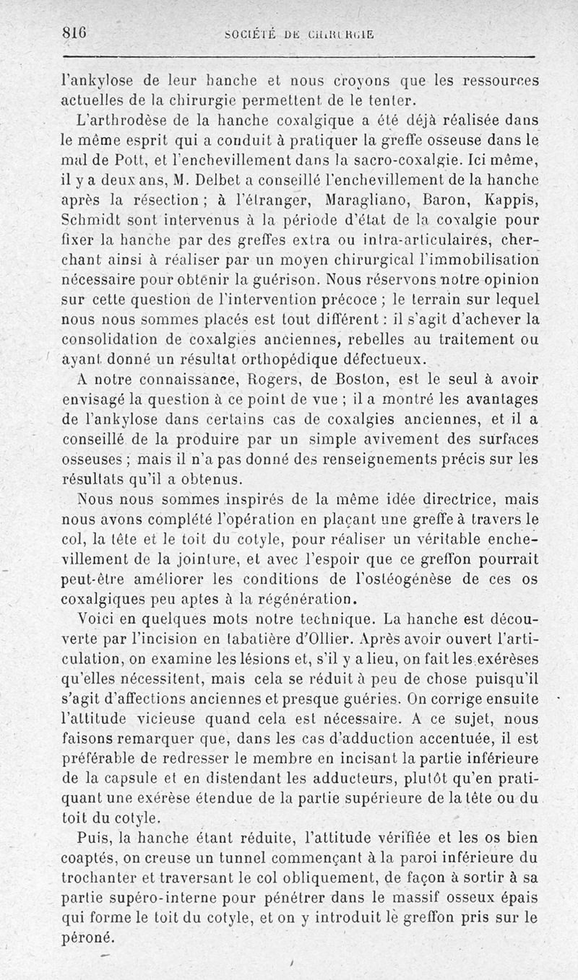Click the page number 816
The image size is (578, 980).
[74, 32]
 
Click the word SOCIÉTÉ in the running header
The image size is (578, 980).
[249, 33]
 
